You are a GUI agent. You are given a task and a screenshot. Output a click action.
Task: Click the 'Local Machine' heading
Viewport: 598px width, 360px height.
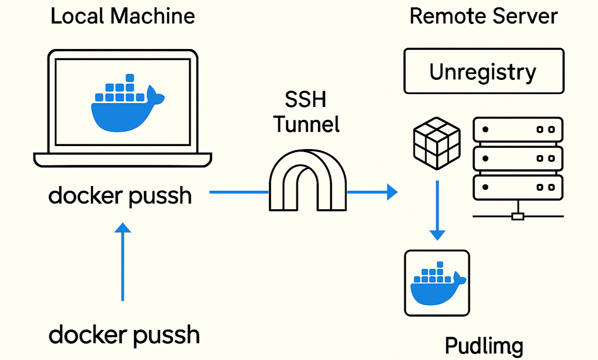(x=123, y=16)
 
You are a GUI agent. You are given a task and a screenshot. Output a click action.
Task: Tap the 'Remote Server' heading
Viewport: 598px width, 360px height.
(x=483, y=16)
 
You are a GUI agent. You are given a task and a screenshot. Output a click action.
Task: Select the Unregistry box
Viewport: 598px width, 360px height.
(x=484, y=71)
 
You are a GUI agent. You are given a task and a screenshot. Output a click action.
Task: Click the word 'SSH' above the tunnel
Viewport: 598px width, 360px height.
(x=306, y=100)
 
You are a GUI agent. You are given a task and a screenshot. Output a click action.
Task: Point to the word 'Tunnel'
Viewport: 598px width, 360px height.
(x=307, y=124)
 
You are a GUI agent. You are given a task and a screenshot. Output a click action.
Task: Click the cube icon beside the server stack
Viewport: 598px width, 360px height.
(x=436, y=143)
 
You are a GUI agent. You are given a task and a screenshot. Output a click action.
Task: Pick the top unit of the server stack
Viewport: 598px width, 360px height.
(x=518, y=129)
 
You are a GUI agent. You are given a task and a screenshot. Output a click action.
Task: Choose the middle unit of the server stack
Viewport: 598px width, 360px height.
(x=518, y=158)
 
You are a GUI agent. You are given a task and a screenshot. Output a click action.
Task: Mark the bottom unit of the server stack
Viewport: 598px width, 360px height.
(x=518, y=187)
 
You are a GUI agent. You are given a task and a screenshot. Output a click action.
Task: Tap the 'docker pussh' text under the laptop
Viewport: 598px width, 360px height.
(x=120, y=196)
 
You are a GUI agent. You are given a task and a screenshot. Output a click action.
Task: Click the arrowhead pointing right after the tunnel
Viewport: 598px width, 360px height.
(x=392, y=192)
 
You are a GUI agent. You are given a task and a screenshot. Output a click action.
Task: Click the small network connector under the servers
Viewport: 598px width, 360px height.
(x=518, y=216)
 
